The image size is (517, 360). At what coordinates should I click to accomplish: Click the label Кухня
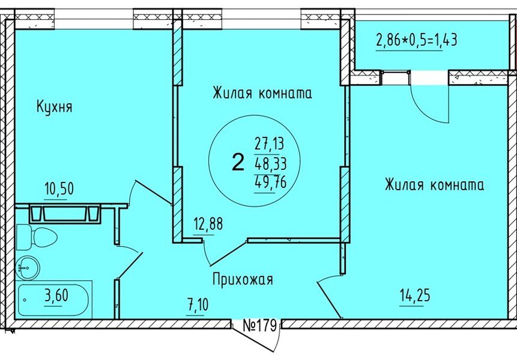tap(54, 107)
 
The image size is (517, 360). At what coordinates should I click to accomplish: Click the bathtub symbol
tap(54, 301)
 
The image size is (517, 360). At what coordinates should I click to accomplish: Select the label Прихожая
tap(242, 279)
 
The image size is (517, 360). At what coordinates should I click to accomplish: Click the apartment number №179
tap(259, 326)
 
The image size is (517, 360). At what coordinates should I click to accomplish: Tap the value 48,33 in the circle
tap(270, 162)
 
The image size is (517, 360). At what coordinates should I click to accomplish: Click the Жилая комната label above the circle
tap(262, 93)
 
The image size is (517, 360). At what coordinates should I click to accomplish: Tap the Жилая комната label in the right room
tap(434, 185)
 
